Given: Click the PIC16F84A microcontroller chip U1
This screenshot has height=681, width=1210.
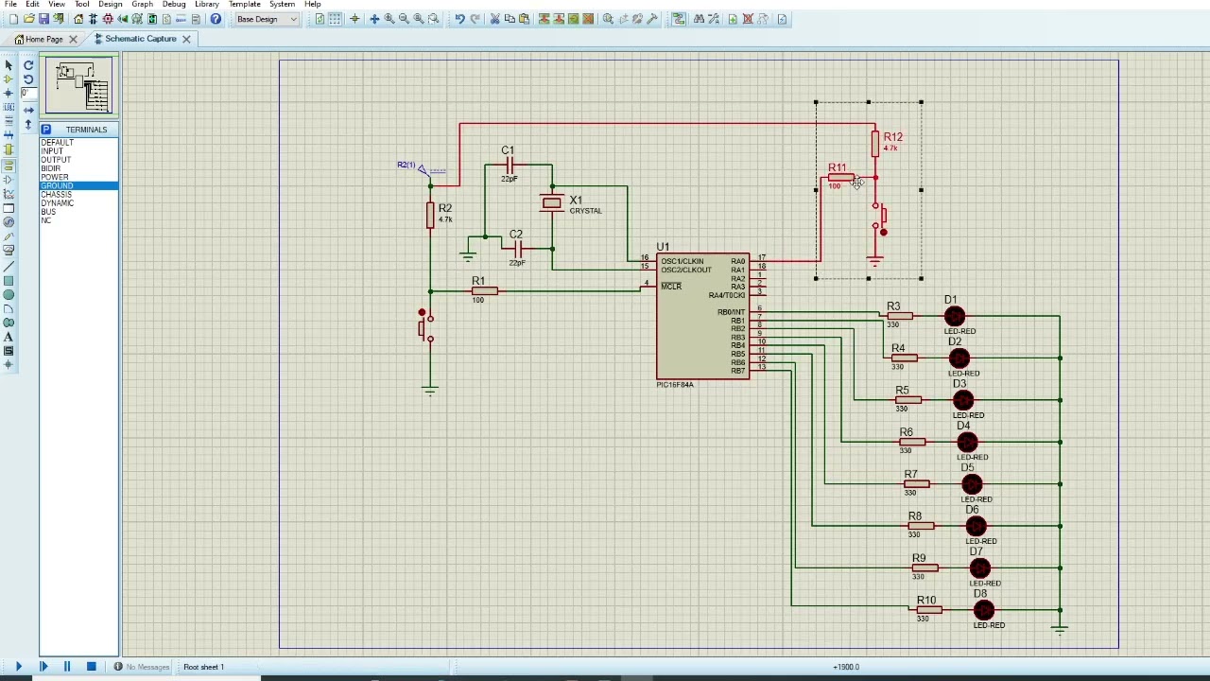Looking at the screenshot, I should click(x=703, y=317).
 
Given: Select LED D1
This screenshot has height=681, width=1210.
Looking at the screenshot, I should click(x=954, y=316).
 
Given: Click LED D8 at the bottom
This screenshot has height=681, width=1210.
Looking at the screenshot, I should click(x=983, y=610).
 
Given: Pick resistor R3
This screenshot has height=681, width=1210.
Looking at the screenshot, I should click(x=900, y=316).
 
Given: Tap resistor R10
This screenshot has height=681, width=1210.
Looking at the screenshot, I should click(x=928, y=610).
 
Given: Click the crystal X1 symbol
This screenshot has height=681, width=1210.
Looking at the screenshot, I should click(x=551, y=202).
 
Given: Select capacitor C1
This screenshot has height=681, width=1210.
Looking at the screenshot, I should click(x=510, y=166).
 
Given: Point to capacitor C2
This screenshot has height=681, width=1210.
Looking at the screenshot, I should click(x=517, y=249).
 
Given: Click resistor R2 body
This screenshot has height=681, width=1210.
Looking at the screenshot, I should click(x=430, y=216).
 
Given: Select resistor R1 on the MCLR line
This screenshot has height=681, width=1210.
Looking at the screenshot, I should click(x=484, y=290).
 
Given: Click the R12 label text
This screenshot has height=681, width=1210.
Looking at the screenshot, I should click(x=892, y=137).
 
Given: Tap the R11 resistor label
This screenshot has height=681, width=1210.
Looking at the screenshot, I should click(x=837, y=168).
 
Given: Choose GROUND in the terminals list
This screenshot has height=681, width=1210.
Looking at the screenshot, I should click(x=57, y=185).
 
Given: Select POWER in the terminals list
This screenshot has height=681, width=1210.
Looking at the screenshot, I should click(x=55, y=177).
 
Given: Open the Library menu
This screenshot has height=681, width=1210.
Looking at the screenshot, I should click(x=206, y=5).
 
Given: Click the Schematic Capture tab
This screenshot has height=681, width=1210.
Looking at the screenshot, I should click(x=140, y=39).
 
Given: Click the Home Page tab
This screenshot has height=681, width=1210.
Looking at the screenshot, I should click(x=43, y=39).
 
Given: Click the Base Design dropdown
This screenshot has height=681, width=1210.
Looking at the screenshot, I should click(x=267, y=19).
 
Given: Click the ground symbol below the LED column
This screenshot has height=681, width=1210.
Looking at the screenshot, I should click(x=1060, y=628).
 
